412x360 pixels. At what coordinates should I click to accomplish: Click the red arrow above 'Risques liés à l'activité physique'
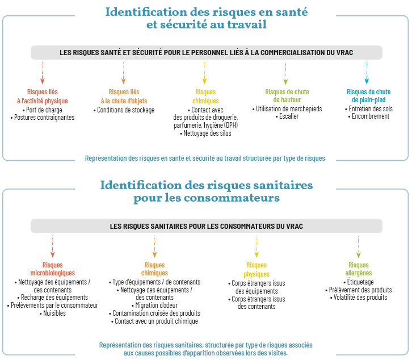pos(43,73)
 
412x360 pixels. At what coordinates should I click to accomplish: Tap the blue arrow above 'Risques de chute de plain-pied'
pos(367,73)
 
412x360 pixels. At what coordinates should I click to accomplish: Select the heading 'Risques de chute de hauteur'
pos(287,96)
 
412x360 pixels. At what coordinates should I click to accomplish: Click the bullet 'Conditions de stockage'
pos(124,110)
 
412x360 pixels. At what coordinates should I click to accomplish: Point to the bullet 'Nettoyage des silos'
pos(205,133)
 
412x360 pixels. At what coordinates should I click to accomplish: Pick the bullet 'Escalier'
pos(287,116)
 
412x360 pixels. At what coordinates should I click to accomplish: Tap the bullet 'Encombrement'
pos(369,116)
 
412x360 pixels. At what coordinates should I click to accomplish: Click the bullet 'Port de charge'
pos(43,110)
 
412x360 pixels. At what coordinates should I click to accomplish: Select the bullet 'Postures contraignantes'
pos(43,118)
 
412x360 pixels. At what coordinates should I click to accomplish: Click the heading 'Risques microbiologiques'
pos(53,269)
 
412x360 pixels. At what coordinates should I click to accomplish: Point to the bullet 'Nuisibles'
pos(53,313)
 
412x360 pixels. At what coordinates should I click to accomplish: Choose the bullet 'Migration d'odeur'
pos(154,305)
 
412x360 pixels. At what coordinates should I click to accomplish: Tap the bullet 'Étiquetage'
pos(359,282)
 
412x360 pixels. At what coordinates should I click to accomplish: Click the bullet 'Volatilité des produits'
pos(359,298)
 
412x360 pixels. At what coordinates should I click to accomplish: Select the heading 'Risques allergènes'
pos(359,269)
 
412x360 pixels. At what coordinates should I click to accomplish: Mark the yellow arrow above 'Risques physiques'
pos(257,246)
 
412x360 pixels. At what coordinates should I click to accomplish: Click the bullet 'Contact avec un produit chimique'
pos(154,321)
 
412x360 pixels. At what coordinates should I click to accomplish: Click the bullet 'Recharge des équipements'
pos(53,298)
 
